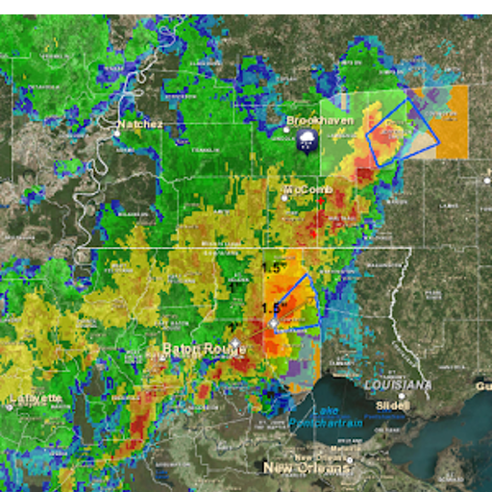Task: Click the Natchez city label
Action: (x=140, y=125)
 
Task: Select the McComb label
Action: (x=307, y=190)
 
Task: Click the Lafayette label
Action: (x=36, y=398)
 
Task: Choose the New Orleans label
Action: (x=307, y=468)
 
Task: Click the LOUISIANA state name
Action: (x=398, y=384)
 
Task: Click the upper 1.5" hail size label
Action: (x=276, y=268)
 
